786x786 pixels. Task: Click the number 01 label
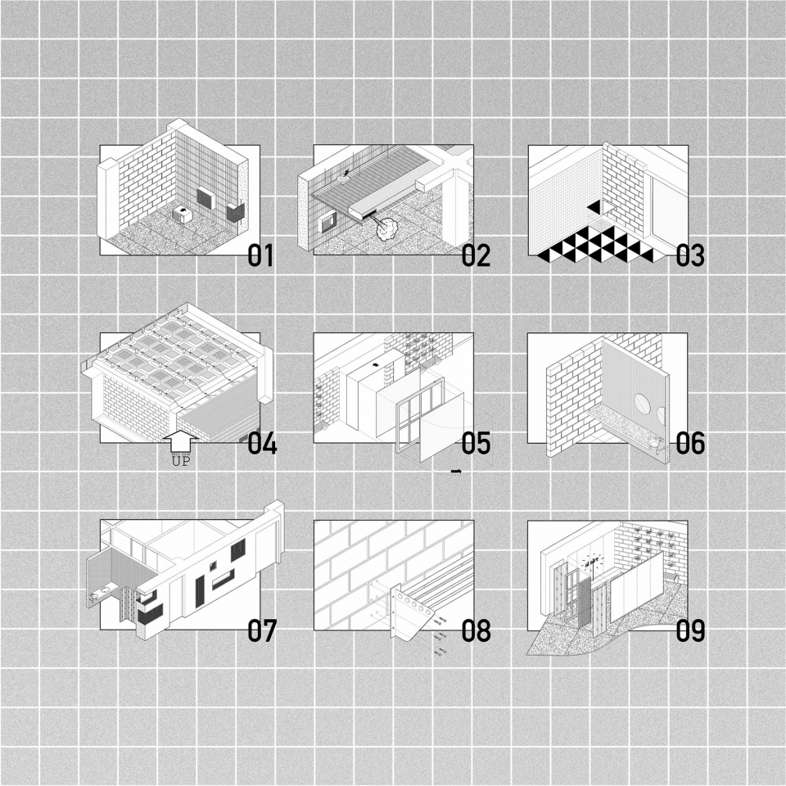pyautogui.click(x=260, y=255)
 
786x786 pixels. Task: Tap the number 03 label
pyautogui.click(x=689, y=255)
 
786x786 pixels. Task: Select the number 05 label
pyautogui.click(x=476, y=443)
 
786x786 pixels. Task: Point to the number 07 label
pyautogui.click(x=262, y=630)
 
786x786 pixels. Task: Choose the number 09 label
pyautogui.click(x=690, y=630)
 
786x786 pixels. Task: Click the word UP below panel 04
pyautogui.click(x=181, y=461)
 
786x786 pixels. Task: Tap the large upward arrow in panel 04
pyautogui.click(x=181, y=441)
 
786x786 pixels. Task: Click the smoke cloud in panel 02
pyautogui.click(x=386, y=229)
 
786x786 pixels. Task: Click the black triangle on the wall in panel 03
pyautogui.click(x=594, y=206)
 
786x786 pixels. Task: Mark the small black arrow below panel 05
pyautogui.click(x=456, y=472)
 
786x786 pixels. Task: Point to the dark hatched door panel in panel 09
pyautogui.click(x=584, y=603)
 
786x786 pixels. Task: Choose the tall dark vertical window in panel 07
pyautogui.click(x=199, y=591)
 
